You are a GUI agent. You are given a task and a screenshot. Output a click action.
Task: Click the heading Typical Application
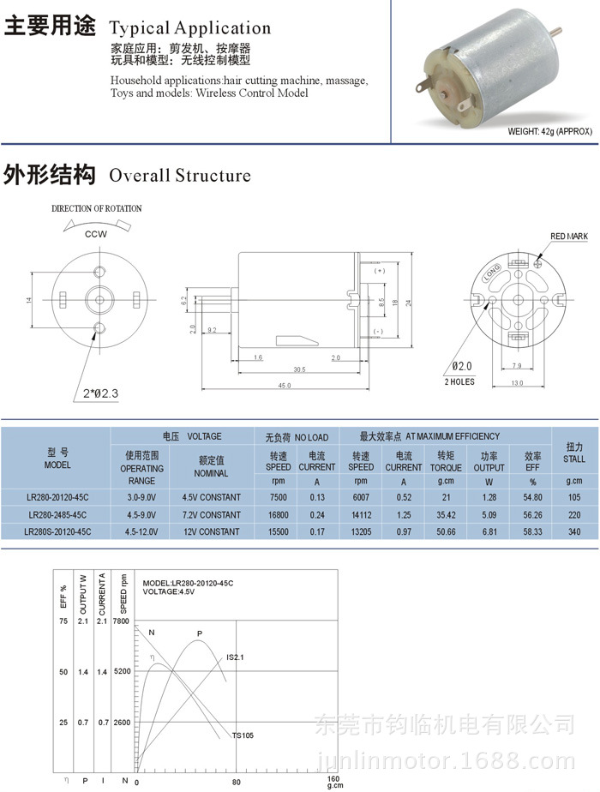tap(190, 28)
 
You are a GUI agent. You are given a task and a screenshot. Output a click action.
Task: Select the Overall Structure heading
tap(179, 176)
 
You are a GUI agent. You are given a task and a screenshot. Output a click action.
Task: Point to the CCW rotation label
tap(96, 233)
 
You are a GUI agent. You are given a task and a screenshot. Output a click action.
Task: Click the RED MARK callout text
tap(569, 235)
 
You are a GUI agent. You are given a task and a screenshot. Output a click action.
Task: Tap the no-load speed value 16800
tap(278, 514)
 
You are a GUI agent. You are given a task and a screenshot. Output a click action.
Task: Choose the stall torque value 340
tap(574, 531)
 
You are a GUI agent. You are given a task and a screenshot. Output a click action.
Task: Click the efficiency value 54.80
tap(532, 497)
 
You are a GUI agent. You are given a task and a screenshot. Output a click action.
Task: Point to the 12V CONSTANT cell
tap(211, 531)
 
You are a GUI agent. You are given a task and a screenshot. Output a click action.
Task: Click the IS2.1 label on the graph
tap(236, 657)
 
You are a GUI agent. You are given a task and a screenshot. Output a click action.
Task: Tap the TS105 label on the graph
tap(243, 735)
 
